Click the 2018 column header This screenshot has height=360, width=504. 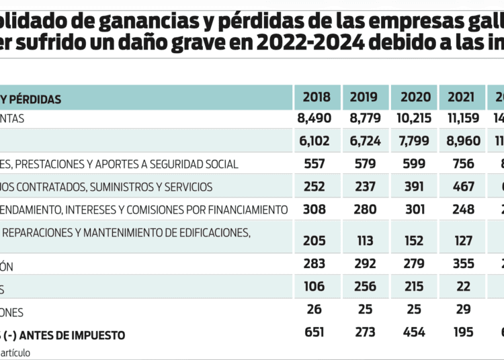coord(317,98)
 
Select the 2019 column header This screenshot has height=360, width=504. coord(364,98)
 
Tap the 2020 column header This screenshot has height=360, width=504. coord(416,98)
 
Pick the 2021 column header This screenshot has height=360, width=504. coord(463,98)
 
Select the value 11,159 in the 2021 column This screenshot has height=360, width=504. coord(463,119)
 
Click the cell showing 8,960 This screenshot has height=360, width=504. coord(463,142)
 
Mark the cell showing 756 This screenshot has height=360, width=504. coord(463,164)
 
